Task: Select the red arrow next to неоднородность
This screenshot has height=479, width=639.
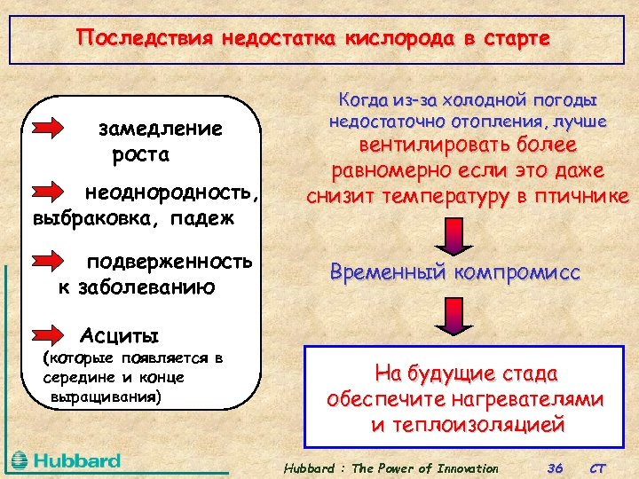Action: tap(55, 192)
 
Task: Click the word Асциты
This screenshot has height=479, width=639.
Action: tap(120, 335)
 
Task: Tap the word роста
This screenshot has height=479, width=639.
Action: tap(141, 154)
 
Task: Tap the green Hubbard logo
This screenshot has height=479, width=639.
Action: tap(66, 460)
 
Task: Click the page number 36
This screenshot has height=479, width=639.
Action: tap(556, 467)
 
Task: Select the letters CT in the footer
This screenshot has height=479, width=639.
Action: tap(599, 467)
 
